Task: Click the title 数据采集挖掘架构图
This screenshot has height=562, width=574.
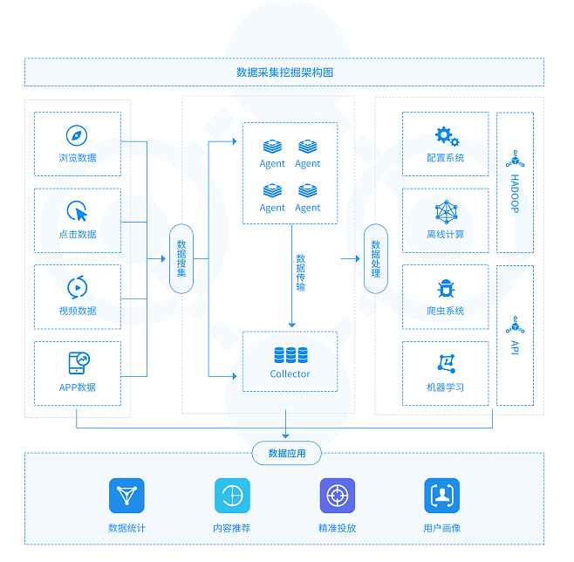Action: [284, 72]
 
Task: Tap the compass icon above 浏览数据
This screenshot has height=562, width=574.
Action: [77, 135]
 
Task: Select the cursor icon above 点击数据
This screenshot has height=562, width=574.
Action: [77, 212]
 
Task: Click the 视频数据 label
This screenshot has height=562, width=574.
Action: [77, 311]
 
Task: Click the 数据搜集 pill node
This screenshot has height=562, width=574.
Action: [181, 259]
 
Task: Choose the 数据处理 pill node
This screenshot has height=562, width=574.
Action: [375, 259]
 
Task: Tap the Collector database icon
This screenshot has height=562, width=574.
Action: [290, 354]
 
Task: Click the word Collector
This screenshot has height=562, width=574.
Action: [290, 374]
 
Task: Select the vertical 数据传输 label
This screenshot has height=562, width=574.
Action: [301, 272]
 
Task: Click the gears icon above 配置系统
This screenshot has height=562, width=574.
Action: [446, 136]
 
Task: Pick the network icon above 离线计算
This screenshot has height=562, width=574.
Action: [446, 212]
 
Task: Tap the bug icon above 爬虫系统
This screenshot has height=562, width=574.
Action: [446, 288]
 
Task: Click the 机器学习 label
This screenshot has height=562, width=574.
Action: [446, 387]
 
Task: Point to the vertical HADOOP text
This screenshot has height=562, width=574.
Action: [515, 194]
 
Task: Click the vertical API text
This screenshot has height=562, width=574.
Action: [515, 346]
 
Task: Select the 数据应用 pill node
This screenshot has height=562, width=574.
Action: [286, 453]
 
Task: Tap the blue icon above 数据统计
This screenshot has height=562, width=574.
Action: [126, 496]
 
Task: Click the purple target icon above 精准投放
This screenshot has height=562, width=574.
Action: [338, 496]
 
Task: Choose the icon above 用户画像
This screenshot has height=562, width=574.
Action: [441, 496]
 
